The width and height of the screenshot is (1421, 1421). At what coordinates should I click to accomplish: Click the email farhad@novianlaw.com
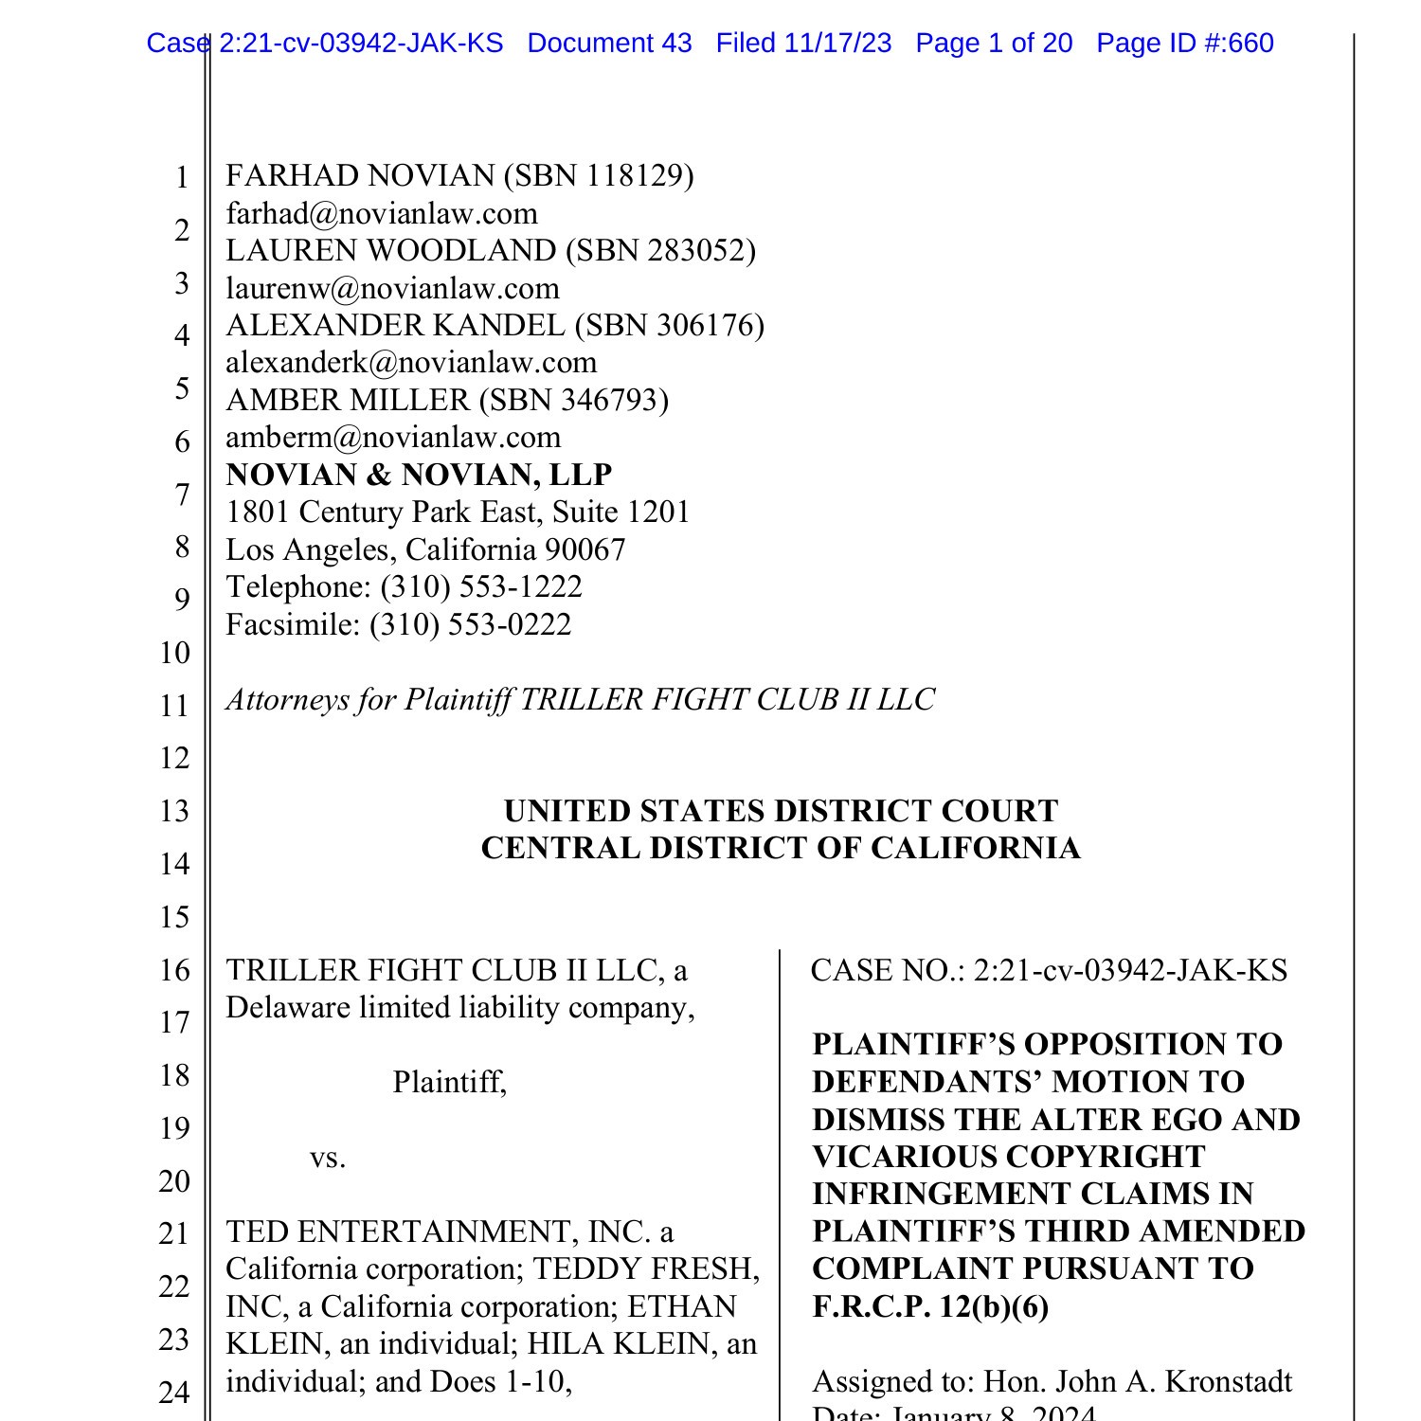pyautogui.click(x=382, y=214)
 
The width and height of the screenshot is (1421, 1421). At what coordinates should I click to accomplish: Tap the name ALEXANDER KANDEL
pyautogui.click(x=395, y=326)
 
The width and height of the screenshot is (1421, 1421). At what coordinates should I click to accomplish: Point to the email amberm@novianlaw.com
pyautogui.click(x=393, y=438)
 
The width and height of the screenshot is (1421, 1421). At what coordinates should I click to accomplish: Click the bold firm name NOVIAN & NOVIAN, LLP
pyautogui.click(x=419, y=475)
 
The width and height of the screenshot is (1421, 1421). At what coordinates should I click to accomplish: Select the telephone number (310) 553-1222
pyautogui.click(x=481, y=587)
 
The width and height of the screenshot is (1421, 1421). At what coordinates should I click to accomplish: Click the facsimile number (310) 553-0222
pyautogui.click(x=471, y=625)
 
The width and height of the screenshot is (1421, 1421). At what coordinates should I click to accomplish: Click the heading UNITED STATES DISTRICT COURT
pyautogui.click(x=781, y=812)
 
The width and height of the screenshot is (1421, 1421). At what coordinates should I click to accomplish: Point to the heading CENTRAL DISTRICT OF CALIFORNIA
pyautogui.click(x=781, y=849)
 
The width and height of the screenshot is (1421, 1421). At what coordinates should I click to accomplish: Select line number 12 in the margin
pyautogui.click(x=175, y=759)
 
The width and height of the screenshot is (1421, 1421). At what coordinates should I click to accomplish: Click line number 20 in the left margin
pyautogui.click(x=175, y=1181)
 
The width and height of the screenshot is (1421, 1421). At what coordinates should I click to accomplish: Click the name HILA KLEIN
pyautogui.click(x=618, y=1344)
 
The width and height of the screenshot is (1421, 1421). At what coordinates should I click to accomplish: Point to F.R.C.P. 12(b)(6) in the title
pyautogui.click(x=930, y=1307)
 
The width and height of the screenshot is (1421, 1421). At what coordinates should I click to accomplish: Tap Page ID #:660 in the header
pyautogui.click(x=1184, y=44)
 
